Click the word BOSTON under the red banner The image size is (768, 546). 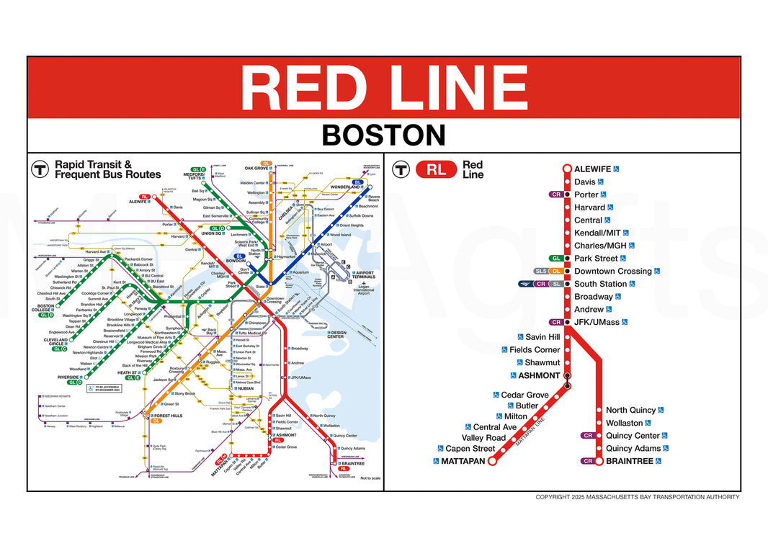click(383, 135)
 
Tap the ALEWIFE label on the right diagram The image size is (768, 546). click(592, 169)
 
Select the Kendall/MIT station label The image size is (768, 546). click(597, 233)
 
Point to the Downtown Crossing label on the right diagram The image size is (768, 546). click(612, 272)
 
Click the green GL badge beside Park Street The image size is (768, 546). click(556, 259)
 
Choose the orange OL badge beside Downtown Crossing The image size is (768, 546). click(557, 272)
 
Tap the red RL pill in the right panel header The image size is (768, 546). click(436, 170)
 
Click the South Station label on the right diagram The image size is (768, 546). click(600, 284)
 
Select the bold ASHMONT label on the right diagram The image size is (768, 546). click(539, 375)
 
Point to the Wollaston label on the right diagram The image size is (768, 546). click(624, 423)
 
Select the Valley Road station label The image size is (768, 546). click(483, 438)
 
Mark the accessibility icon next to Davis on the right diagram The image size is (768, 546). click(600, 182)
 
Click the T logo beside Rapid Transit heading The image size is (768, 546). click(40, 169)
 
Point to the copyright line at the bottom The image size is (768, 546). click(637, 497)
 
